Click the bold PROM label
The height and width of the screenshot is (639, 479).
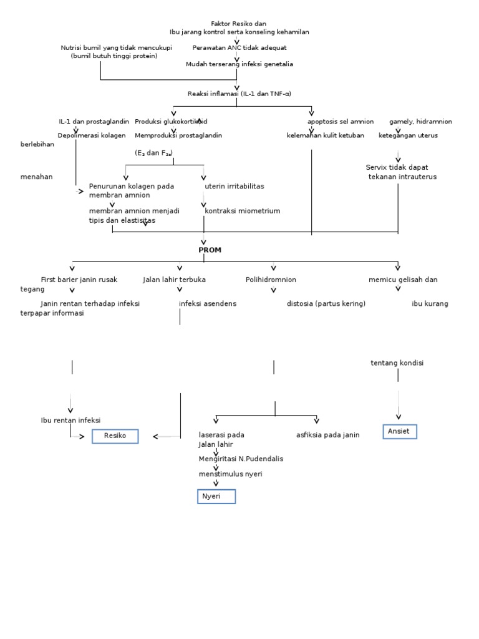(210, 250)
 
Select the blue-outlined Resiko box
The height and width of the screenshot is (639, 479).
(115, 436)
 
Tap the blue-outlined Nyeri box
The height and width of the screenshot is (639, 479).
(216, 497)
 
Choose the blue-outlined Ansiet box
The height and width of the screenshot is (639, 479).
(399, 431)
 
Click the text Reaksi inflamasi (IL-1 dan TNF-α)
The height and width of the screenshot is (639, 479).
(239, 94)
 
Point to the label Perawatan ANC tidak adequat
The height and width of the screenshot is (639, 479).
(239, 47)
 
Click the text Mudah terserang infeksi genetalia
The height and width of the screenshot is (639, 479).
(239, 64)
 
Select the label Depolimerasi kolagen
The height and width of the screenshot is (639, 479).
(92, 135)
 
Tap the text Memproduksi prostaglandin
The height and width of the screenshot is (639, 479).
(178, 135)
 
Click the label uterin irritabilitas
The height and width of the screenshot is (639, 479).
(235, 186)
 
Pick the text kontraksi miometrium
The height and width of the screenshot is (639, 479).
(243, 211)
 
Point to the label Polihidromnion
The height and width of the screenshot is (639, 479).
(271, 280)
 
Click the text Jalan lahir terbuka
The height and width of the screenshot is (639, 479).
(174, 280)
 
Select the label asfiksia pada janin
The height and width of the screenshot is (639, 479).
(328, 435)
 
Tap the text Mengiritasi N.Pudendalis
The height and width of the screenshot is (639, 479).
(241, 459)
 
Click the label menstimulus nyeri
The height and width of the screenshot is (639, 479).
(230, 474)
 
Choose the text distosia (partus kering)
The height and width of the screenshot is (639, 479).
(326, 304)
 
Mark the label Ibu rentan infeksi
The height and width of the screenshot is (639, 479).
(70, 421)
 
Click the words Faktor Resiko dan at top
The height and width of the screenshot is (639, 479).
(239, 24)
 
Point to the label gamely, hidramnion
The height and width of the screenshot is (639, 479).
(421, 122)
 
